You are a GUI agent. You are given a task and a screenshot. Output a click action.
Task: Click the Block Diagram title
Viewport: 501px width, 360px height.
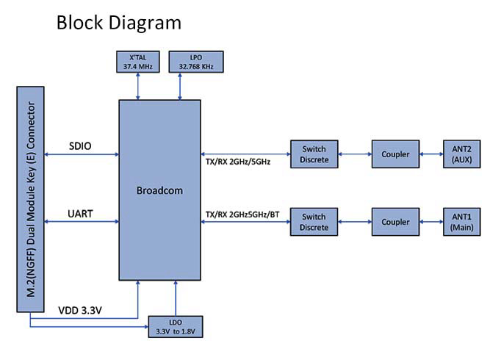click(x=118, y=23)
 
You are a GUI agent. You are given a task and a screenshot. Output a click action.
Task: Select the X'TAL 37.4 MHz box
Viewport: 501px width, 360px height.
click(x=138, y=62)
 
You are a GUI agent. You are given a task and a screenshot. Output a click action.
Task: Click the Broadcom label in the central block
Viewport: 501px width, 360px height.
click(x=159, y=190)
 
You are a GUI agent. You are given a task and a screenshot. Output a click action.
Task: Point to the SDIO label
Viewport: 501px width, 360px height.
click(x=80, y=146)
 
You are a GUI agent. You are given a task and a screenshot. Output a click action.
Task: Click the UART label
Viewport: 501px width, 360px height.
click(x=80, y=214)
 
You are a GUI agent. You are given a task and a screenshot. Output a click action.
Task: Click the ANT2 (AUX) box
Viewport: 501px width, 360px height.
click(x=461, y=154)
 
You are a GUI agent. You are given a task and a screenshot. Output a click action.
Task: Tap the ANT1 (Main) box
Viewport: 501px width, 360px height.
click(x=461, y=222)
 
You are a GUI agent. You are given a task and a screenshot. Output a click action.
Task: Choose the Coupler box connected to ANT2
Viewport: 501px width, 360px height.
click(x=395, y=154)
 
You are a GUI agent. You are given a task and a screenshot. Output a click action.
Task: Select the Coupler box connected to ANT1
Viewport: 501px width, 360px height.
click(x=395, y=222)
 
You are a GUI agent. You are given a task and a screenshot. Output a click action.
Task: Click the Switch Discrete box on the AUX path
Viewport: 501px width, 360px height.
click(x=314, y=154)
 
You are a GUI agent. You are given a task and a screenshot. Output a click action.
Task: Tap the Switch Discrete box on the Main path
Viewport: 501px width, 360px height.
click(x=314, y=222)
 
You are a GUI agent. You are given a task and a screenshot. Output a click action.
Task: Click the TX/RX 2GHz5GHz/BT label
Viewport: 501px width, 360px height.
click(x=243, y=213)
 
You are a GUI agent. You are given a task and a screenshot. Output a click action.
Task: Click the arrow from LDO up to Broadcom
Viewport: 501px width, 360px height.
click(x=176, y=298)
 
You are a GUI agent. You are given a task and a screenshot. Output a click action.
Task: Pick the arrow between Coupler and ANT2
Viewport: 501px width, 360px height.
click(x=430, y=154)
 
